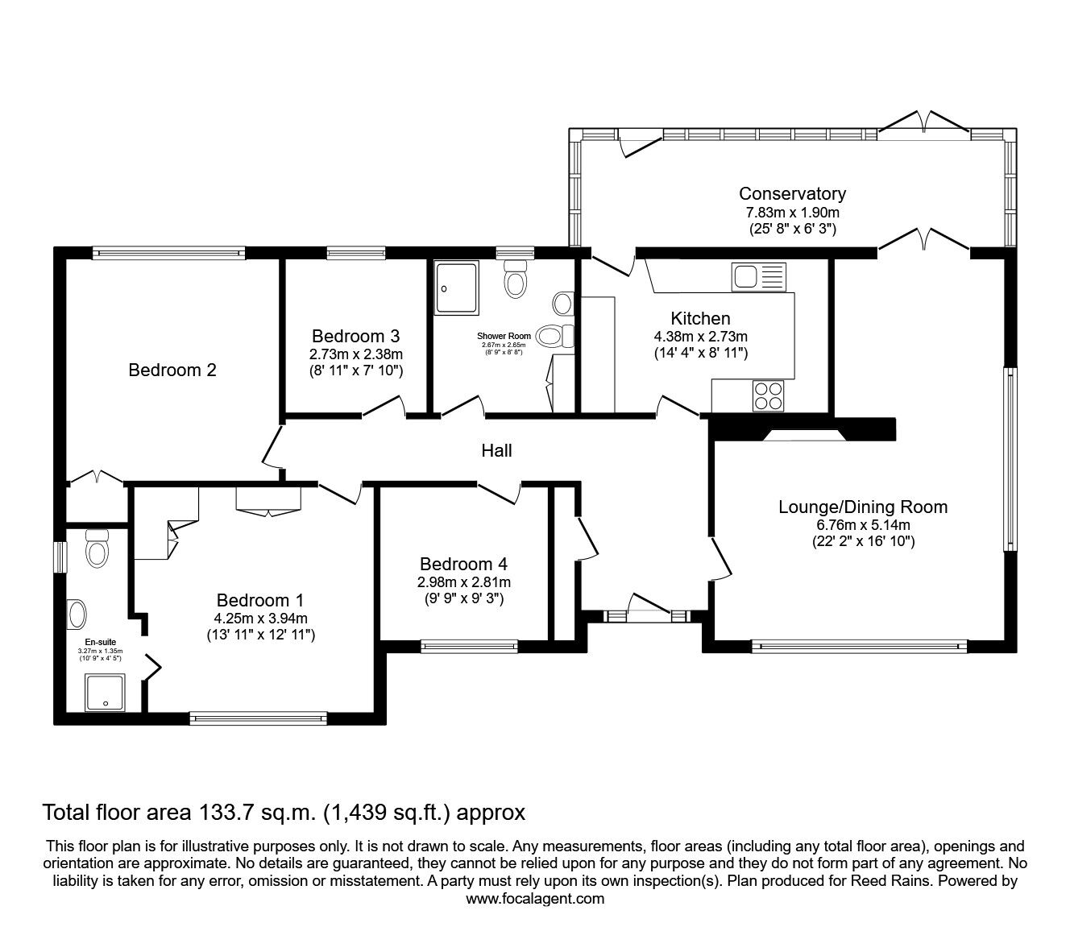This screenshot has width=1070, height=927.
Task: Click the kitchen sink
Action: [x=757, y=276]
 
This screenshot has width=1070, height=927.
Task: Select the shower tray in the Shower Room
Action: [x=456, y=288]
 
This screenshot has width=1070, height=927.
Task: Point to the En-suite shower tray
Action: [x=106, y=693]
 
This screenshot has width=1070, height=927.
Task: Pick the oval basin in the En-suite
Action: [x=78, y=615]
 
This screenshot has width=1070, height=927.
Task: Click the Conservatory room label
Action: [x=792, y=193]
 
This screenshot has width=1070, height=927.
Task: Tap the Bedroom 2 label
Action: [x=172, y=370]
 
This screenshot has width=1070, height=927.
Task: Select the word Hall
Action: [x=496, y=451]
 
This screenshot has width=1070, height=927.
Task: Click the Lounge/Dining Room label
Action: [x=862, y=507]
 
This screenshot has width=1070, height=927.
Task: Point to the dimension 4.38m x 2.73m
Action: [x=700, y=337]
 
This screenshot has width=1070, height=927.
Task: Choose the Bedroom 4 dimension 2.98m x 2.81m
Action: [x=463, y=582]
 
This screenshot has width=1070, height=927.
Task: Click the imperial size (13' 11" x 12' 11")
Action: [x=259, y=635]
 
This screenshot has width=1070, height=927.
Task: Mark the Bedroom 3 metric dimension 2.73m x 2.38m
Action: [x=355, y=354]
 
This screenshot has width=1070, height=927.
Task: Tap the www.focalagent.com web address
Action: [x=535, y=899]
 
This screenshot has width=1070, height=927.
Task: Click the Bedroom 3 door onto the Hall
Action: [x=384, y=407]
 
